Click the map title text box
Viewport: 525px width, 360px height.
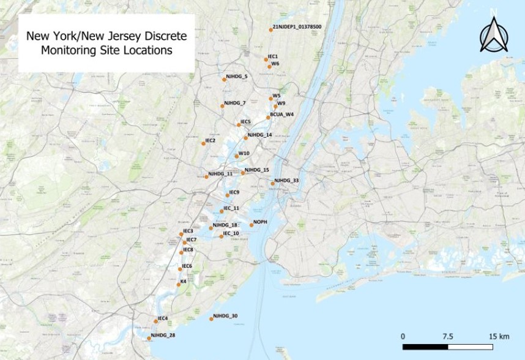(x=106, y=43)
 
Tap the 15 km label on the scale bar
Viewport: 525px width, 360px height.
(x=494, y=336)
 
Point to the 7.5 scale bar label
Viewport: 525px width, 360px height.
(x=447, y=336)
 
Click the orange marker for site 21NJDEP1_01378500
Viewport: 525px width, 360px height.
(x=271, y=29)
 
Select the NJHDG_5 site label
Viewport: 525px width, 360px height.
(x=237, y=77)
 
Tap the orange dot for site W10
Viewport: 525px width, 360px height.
(x=237, y=157)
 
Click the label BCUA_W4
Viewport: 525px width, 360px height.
(x=282, y=114)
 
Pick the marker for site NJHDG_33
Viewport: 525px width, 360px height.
(x=273, y=183)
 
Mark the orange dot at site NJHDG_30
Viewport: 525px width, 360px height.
(x=210, y=319)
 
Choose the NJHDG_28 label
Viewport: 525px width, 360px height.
(x=163, y=335)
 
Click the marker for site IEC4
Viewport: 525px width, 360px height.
(x=155, y=321)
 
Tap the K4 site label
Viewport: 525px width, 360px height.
(x=183, y=282)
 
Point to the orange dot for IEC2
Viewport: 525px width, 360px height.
(x=203, y=144)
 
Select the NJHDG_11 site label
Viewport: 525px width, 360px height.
(x=220, y=174)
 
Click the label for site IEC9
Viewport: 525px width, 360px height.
(x=234, y=192)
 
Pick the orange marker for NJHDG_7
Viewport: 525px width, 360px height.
(x=222, y=106)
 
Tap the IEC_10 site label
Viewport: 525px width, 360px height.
(x=231, y=233)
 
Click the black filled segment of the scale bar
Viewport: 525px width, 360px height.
(x=426, y=347)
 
